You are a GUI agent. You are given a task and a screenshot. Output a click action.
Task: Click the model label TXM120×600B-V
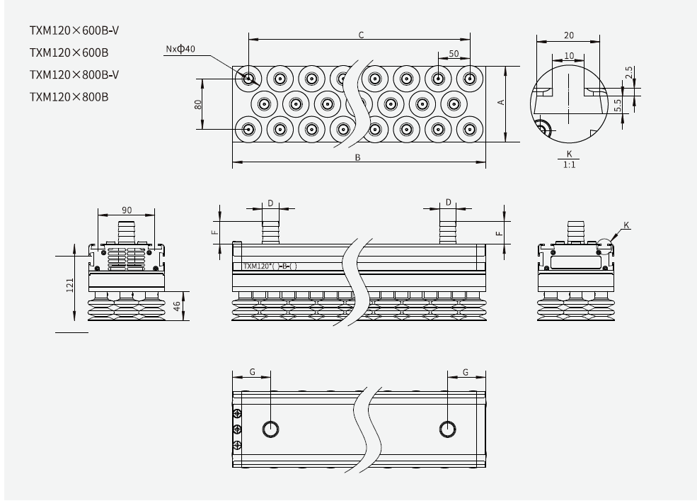click(x=74, y=31)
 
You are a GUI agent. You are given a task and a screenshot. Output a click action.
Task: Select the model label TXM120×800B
click(x=69, y=96)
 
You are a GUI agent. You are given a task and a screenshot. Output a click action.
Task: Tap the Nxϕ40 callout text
click(x=180, y=49)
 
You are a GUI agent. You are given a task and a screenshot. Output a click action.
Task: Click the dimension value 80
click(x=199, y=103)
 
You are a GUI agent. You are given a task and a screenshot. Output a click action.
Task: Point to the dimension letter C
click(x=361, y=34)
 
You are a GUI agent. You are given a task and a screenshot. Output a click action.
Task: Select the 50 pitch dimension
click(x=454, y=54)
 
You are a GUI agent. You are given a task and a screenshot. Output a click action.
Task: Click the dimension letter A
click(x=501, y=103)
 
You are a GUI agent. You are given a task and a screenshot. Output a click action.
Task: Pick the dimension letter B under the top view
click(x=358, y=157)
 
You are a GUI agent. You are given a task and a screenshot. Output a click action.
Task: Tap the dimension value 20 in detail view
click(x=568, y=35)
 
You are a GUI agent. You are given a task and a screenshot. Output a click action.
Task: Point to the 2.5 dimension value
click(x=630, y=73)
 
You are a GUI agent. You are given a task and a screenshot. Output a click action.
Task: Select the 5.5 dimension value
click(x=618, y=104)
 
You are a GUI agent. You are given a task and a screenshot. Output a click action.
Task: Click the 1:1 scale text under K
click(x=568, y=164)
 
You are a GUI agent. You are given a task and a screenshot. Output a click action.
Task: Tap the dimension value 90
click(x=126, y=210)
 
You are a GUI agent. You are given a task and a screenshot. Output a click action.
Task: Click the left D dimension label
click(x=270, y=203)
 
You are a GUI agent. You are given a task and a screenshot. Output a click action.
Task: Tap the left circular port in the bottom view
click(x=271, y=428)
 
